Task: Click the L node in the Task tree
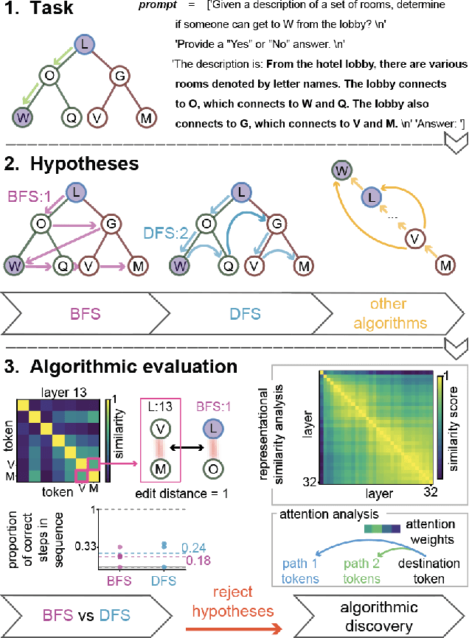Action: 85,46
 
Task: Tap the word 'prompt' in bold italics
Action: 156,6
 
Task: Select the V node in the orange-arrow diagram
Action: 417,237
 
